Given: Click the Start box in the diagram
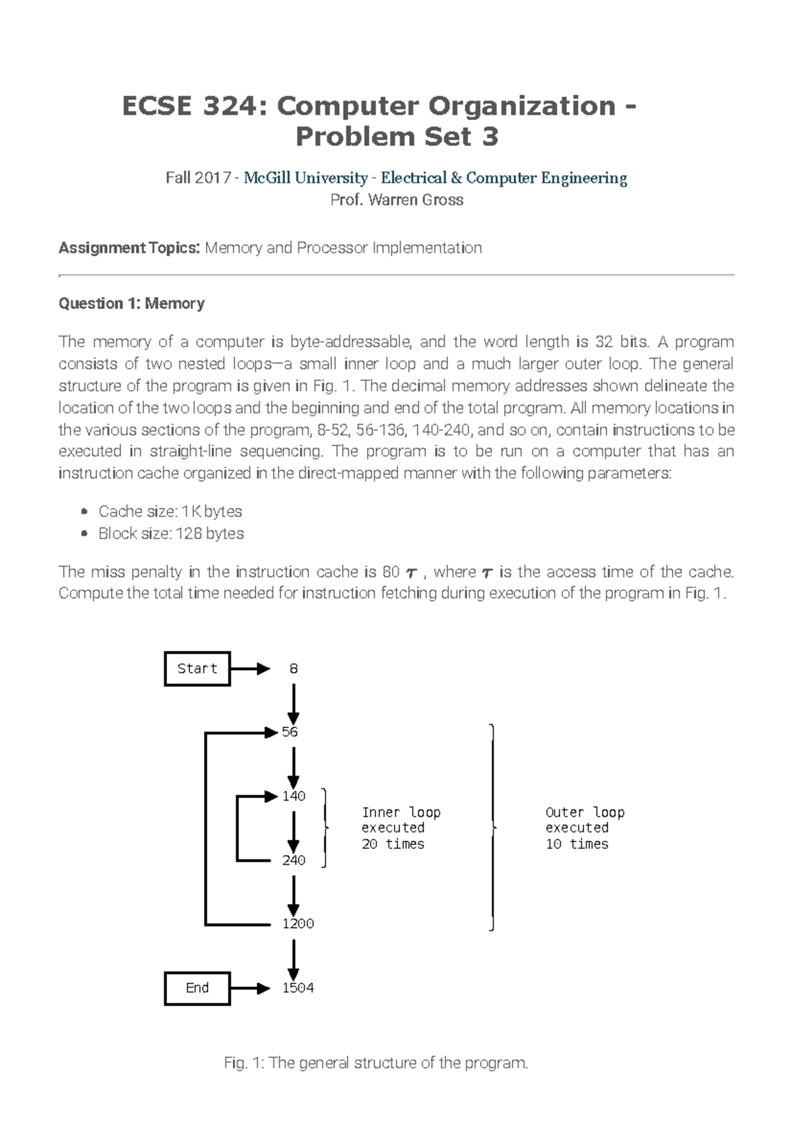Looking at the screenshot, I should pyautogui.click(x=197, y=669).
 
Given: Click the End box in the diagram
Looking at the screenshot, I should pyautogui.click(x=197, y=988).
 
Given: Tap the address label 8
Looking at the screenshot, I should pyautogui.click(x=294, y=669).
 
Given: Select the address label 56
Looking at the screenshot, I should pyautogui.click(x=290, y=732).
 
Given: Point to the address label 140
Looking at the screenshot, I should pyautogui.click(x=294, y=796).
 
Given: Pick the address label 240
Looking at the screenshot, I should pyautogui.click(x=294, y=860).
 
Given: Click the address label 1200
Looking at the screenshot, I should pyautogui.click(x=298, y=924).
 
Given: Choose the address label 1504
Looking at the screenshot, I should pyautogui.click(x=298, y=988).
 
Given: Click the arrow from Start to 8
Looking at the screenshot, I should pyautogui.click(x=250, y=669).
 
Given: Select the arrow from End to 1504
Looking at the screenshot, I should pyautogui.click(x=250, y=988).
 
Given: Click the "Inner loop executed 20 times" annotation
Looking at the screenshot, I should pyautogui.click(x=400, y=828).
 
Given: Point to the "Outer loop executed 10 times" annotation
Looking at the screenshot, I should pyautogui.click(x=584, y=828).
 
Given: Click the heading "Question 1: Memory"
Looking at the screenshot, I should pyautogui.click(x=131, y=304).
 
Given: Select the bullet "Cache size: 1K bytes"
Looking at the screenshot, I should pyautogui.click(x=170, y=512).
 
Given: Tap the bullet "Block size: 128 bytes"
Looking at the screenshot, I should pyautogui.click(x=171, y=533).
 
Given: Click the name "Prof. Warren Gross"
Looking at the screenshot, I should pyautogui.click(x=396, y=200).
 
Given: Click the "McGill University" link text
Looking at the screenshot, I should pyautogui.click(x=306, y=178).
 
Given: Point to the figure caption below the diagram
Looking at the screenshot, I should pyautogui.click(x=376, y=1064).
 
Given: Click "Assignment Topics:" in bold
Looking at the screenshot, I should pyautogui.click(x=129, y=248).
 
